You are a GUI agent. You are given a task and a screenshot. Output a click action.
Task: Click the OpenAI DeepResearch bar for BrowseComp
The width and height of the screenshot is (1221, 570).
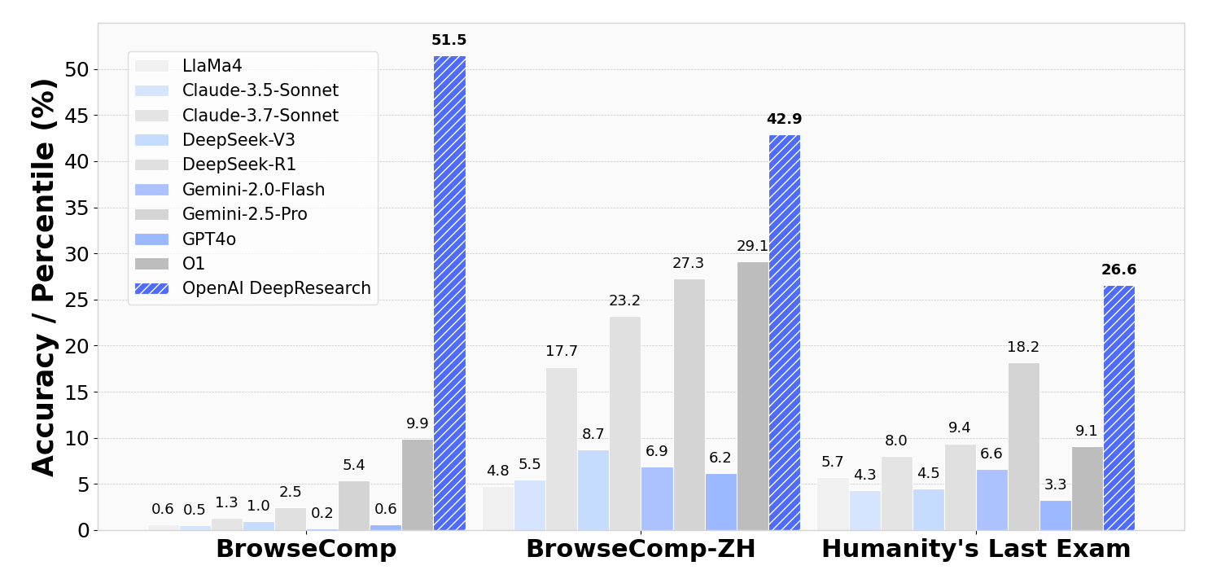(449, 293)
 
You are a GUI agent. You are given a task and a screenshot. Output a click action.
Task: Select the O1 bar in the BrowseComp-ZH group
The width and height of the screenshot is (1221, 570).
(753, 396)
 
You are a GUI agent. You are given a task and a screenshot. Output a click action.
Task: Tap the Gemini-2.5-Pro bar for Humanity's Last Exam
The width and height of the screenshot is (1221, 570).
(1023, 446)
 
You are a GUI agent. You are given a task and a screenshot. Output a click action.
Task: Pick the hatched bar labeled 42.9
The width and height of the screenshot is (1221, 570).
(784, 332)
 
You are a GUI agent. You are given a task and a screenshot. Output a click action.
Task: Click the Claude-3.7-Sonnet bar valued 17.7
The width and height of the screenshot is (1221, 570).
(562, 449)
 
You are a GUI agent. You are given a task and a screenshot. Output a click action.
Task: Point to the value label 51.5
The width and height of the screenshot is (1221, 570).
(449, 41)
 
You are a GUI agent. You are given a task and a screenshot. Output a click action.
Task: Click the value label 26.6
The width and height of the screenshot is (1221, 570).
(1118, 270)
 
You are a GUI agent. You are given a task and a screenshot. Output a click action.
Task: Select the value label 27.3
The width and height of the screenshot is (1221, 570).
(689, 264)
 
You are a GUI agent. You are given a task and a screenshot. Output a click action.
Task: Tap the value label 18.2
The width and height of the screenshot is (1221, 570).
(1023, 348)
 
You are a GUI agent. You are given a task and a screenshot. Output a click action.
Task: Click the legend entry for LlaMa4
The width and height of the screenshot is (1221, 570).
(212, 67)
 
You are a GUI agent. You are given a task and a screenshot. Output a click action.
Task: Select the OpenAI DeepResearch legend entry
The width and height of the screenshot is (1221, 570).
(276, 288)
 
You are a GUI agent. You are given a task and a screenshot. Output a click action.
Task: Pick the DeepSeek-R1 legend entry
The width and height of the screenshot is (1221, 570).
(239, 165)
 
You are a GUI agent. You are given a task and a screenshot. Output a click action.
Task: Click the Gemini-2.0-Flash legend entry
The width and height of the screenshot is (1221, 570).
(253, 190)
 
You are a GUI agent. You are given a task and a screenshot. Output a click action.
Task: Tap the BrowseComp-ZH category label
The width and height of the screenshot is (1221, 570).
(641, 550)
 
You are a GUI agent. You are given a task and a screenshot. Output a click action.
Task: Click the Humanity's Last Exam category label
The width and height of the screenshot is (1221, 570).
(976, 550)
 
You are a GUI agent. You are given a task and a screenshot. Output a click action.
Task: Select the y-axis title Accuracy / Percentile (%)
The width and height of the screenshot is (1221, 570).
(45, 277)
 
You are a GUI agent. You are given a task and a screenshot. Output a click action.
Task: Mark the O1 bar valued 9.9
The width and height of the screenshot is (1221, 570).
(418, 484)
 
